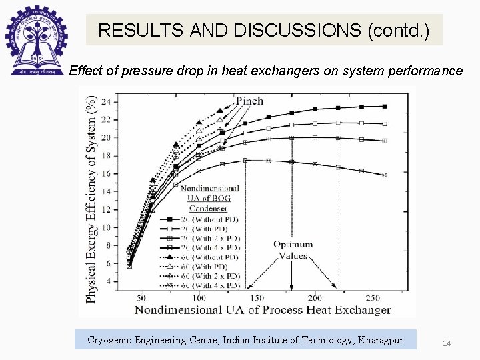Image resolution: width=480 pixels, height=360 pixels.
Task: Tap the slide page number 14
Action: [x=447, y=343]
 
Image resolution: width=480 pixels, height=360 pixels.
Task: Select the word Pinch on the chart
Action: [x=249, y=101]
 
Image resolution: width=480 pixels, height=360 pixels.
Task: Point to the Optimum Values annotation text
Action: [x=293, y=250]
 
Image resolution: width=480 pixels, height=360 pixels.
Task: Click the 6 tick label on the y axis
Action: [x=109, y=264]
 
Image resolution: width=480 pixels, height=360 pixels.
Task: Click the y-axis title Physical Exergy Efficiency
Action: [x=91, y=198]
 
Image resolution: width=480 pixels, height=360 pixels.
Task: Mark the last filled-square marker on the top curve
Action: [x=385, y=106]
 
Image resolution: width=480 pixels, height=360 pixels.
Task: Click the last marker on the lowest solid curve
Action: [x=385, y=175]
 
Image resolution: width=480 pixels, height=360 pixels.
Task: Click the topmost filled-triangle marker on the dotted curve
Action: [x=221, y=111]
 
